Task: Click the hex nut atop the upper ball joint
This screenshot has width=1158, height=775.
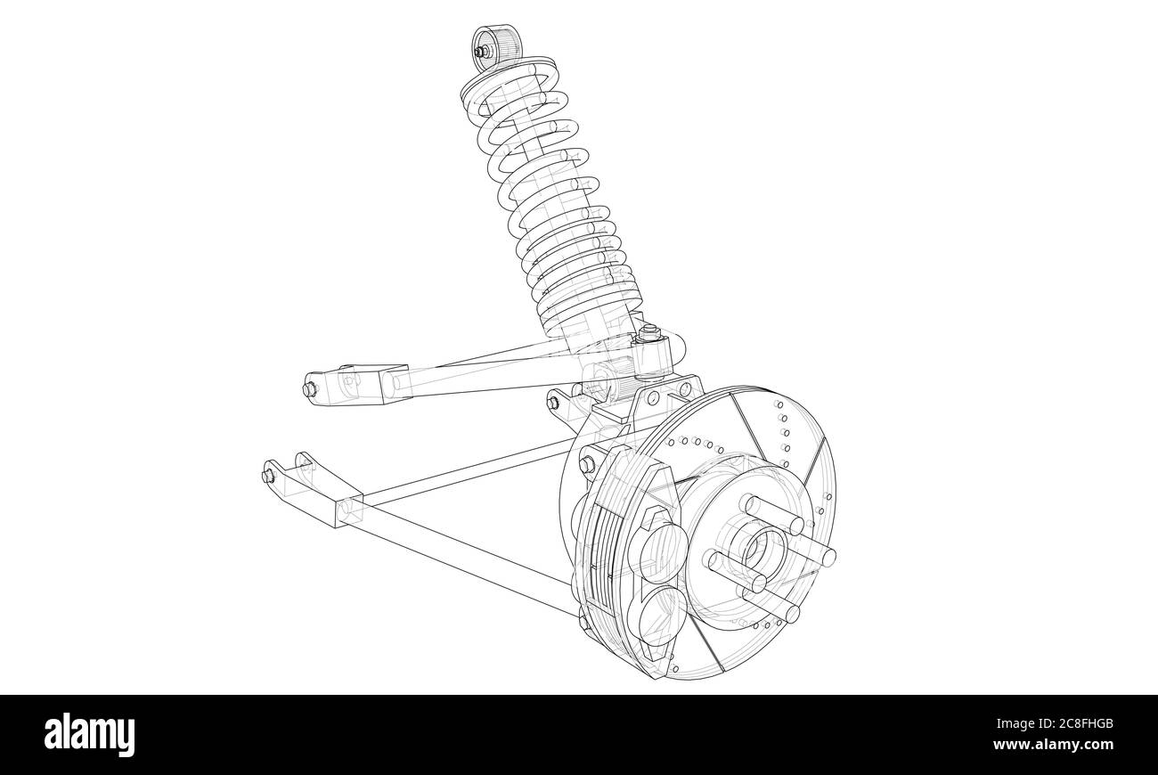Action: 648,335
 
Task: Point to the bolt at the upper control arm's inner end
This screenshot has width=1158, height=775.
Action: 310,390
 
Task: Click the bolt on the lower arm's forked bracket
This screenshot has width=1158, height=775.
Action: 268,476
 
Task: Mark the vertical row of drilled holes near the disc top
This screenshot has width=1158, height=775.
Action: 784,433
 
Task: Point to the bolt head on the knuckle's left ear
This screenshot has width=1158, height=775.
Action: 552,404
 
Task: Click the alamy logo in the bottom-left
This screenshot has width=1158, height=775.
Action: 90,735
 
